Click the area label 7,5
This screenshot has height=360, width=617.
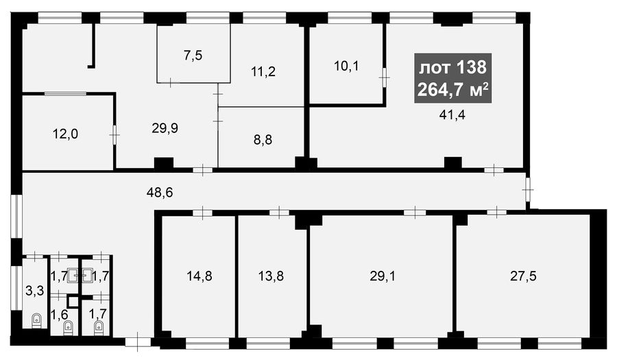coord(193,56)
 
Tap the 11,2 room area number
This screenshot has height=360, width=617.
coord(263,71)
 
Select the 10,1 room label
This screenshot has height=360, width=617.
coord(346,66)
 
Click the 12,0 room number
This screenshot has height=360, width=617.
coord(65,134)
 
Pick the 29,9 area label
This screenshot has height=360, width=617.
coord(165,128)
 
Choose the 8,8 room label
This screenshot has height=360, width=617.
coord(263,140)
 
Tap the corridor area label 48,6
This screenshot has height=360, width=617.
coord(160,193)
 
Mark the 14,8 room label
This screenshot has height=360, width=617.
coord(199,276)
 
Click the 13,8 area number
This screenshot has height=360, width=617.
coord(271,276)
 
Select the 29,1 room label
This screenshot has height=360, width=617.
coord(383,276)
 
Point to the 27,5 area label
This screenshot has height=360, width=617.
coord(523,276)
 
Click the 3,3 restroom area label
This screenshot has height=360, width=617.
coord(35,291)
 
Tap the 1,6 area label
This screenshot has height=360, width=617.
coord(60,315)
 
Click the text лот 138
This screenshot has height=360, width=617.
coord(452,68)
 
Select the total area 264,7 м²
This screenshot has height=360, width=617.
coord(453,90)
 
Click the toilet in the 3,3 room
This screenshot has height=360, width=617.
coord(36,321)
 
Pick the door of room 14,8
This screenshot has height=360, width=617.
coord(203,213)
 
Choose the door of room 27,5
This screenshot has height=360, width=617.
coord(496,212)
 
